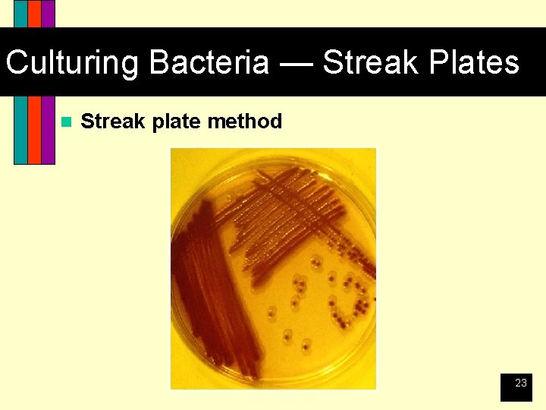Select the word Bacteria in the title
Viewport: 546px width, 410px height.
tap(209, 62)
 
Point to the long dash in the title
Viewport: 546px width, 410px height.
tap(295, 62)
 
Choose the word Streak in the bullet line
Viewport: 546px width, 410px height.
tap(113, 121)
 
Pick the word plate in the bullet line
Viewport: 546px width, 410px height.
tap(176, 121)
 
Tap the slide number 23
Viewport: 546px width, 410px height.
tap(520, 383)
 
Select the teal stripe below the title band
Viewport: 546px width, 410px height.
tap(20, 129)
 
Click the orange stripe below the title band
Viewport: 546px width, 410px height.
tap(34, 129)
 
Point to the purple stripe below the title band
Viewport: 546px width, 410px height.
tap(48, 129)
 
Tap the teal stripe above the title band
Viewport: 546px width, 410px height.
tap(20, 14)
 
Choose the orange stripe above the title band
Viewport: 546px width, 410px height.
tap(34, 14)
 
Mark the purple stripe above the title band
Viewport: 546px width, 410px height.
tap(48, 14)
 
